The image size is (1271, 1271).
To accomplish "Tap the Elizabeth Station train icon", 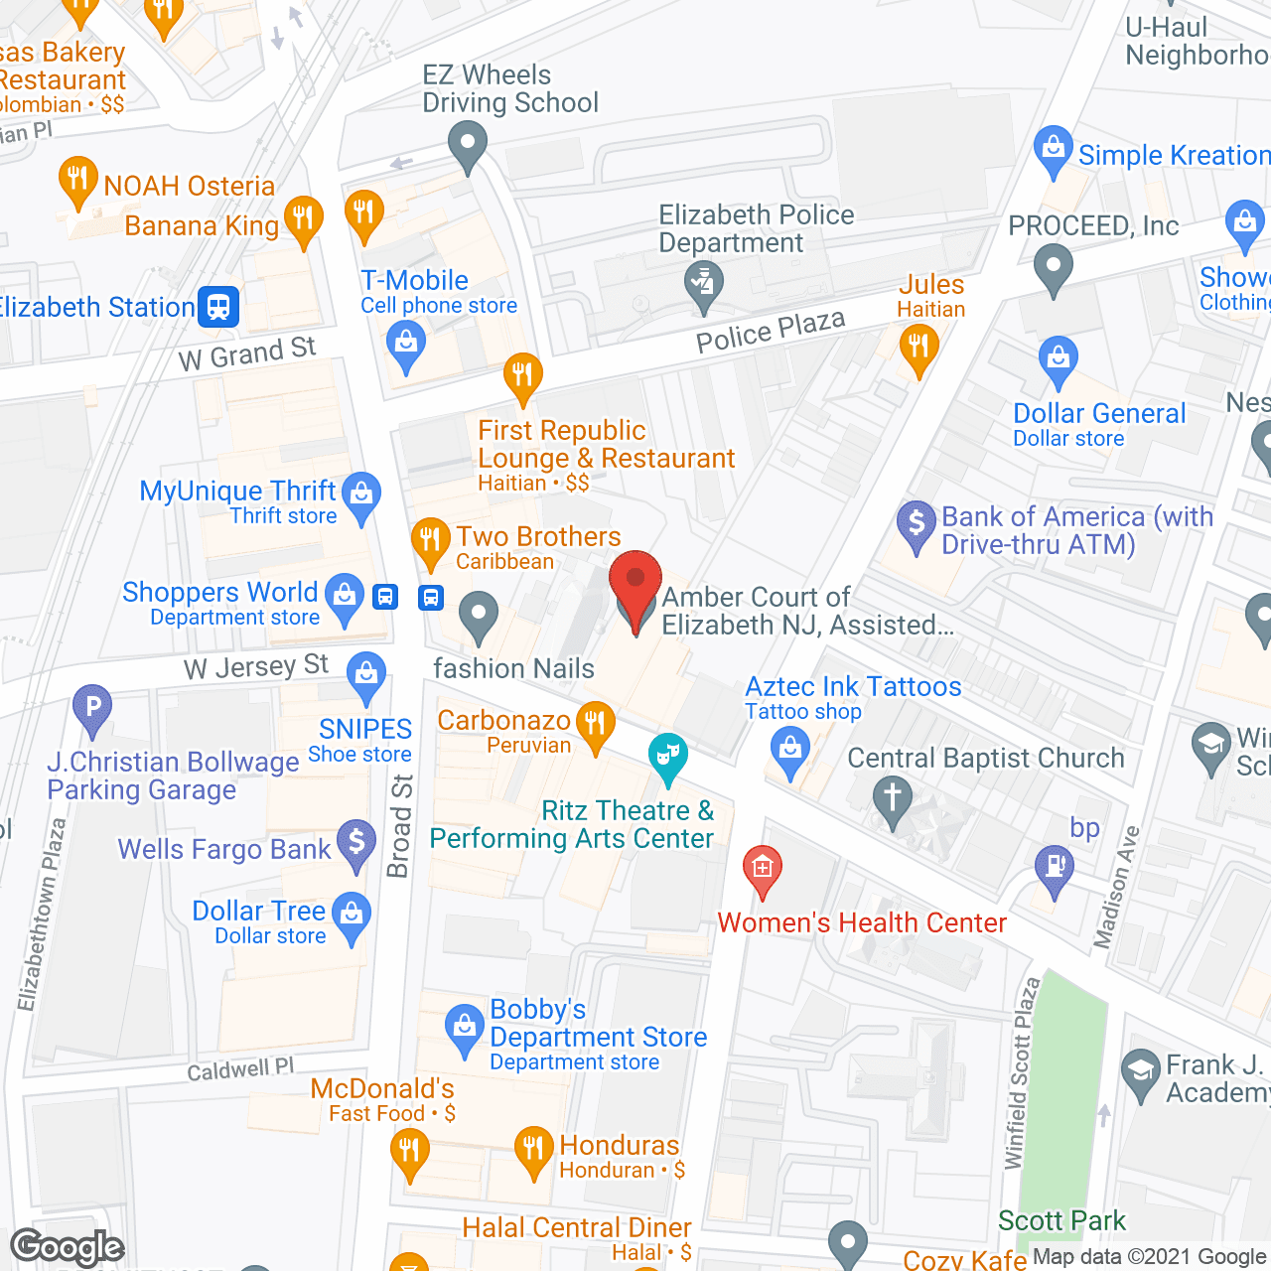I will point(218,307).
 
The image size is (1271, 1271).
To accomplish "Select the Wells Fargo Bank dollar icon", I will point(355,843).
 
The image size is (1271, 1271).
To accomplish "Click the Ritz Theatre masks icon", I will point(667,757).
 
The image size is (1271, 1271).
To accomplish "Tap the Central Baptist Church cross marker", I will point(892,798).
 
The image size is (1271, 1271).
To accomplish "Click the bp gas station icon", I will point(1055,868).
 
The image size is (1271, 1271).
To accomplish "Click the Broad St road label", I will point(399,826).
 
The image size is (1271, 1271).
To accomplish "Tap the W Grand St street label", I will point(247,353).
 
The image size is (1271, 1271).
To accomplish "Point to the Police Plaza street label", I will point(771,332).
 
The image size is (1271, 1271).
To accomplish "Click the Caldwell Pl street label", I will point(240,1069).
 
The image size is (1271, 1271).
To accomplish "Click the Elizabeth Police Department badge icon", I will point(703,282).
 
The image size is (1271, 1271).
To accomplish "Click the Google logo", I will point(68,1247).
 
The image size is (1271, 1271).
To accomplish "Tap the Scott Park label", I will point(1061,1220).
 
